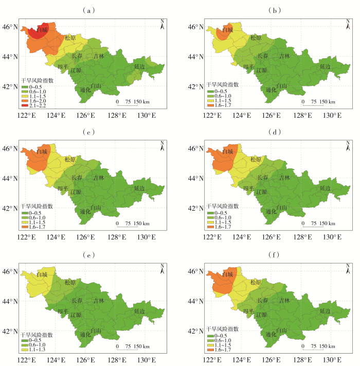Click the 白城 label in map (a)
click(x=42, y=30)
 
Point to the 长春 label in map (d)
click(x=262, y=177)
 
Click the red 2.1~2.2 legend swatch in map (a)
click(x=25, y=106)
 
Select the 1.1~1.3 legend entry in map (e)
click(x=25, y=350)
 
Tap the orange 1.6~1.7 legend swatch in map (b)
click(x=210, y=105)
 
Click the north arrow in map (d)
click(x=347, y=145)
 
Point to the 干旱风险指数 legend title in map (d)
click(x=222, y=206)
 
